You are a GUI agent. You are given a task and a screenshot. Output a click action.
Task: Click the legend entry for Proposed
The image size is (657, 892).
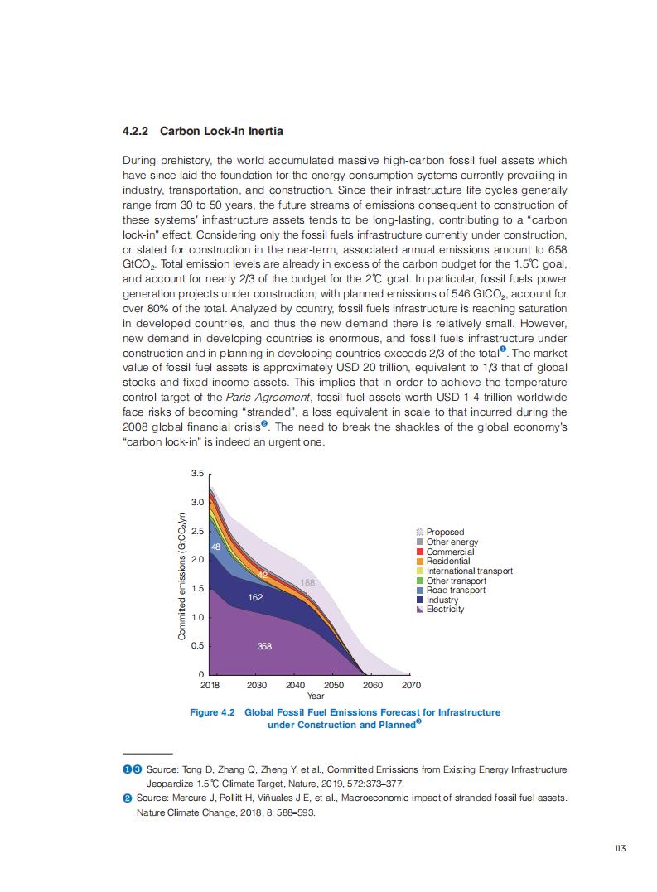tap(445, 532)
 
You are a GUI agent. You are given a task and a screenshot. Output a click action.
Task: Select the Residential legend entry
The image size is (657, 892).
tap(447, 561)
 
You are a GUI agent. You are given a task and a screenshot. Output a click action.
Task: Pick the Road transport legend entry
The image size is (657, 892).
tap(456, 591)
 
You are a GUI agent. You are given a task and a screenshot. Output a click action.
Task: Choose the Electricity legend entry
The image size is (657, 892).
tap(445, 610)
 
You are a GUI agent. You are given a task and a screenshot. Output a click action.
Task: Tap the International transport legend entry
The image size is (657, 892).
tap(469, 571)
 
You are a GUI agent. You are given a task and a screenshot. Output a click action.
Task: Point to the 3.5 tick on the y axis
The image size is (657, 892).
tap(197, 474)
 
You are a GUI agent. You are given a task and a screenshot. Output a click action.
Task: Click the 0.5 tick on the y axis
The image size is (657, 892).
tap(197, 646)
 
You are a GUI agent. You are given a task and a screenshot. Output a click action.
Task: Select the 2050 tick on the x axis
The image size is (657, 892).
tap(334, 686)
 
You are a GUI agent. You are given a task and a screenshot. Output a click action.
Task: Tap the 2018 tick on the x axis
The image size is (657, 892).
tap(210, 686)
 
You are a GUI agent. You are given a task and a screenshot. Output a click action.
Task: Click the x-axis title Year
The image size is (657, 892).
tap(316, 697)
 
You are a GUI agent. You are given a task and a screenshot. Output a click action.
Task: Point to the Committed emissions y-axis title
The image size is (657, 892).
tap(181, 577)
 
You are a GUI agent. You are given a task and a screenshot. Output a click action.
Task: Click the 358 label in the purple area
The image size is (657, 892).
tap(264, 646)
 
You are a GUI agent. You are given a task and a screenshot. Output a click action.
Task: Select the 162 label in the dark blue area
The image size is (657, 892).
tap(255, 597)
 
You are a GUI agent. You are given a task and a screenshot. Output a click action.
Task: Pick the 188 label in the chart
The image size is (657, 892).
tap(307, 583)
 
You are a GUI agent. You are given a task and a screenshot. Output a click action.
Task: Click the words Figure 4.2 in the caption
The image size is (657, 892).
tap(213, 712)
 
